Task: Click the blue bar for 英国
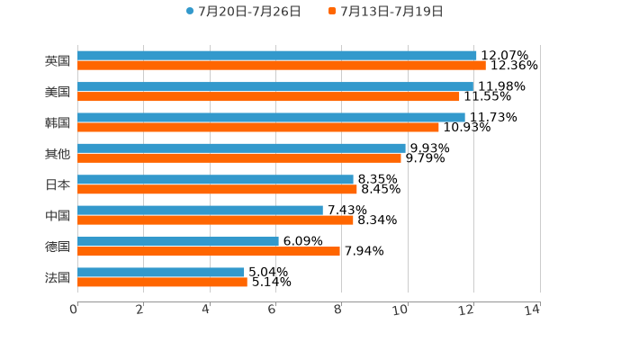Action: coord(276,56)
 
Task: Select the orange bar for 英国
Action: coord(281,66)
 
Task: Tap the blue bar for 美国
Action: coord(275,86)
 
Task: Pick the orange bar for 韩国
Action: coord(258,127)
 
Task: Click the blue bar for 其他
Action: coord(241,148)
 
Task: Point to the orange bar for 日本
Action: coord(217,189)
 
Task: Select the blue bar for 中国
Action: coord(200,210)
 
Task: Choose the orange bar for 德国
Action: coord(209,251)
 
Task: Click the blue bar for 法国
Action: coord(161,272)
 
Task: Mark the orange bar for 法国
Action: coord(162,282)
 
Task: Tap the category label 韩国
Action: coord(58,122)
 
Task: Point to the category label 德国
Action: coord(58,247)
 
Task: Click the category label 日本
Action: coord(58,184)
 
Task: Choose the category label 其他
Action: coord(58,154)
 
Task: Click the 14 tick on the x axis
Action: coord(532,310)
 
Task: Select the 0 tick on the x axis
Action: coord(74,310)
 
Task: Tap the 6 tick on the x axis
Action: coord(272,310)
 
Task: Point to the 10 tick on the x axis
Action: coord(401,310)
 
